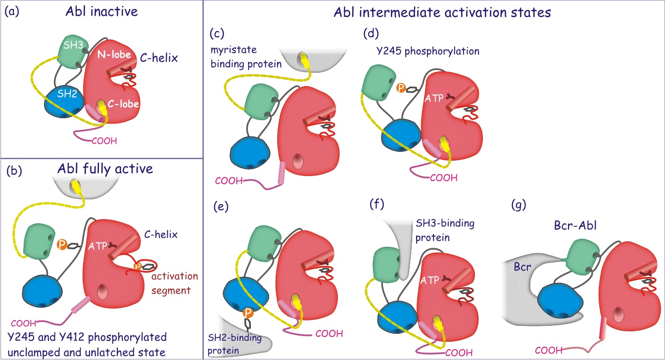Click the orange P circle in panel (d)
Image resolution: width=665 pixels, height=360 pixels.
pos(402,88)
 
